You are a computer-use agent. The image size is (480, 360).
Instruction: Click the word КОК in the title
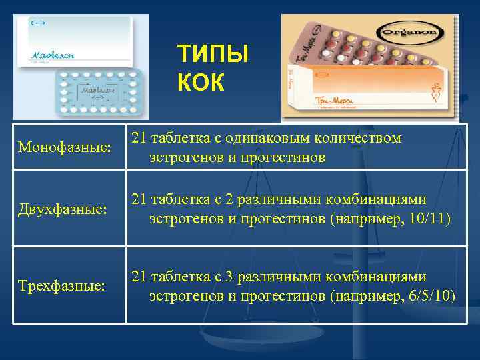202,82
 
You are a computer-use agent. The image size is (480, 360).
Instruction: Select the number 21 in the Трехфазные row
139,277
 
